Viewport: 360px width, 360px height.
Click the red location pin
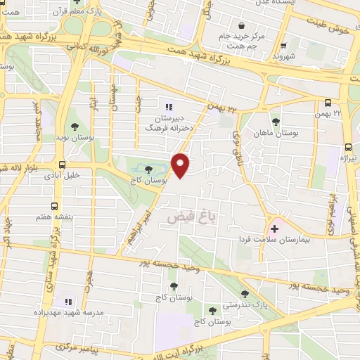tap(181, 165)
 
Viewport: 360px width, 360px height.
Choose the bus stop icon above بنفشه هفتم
tap(56, 205)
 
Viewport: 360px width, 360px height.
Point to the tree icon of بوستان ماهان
tap(275, 122)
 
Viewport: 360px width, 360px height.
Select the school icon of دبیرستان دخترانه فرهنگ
tap(169, 107)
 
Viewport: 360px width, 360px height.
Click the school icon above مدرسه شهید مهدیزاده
tap(68, 297)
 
